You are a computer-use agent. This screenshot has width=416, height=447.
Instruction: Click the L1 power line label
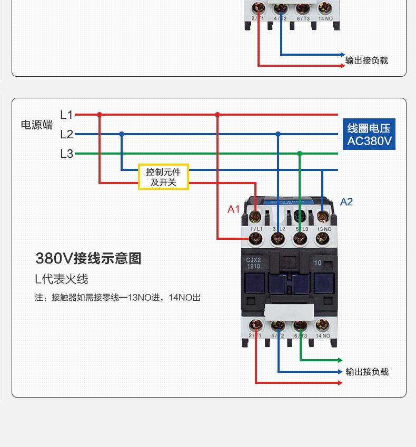click(x=66, y=114)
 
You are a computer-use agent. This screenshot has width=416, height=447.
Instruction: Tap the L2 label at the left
click(x=66, y=134)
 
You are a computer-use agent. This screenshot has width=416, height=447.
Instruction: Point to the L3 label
click(x=66, y=154)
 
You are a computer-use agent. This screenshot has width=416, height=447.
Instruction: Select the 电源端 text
click(x=37, y=125)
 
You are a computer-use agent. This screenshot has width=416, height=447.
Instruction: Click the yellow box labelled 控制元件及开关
click(x=163, y=177)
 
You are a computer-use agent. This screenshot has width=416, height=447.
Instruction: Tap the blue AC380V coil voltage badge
click(x=369, y=135)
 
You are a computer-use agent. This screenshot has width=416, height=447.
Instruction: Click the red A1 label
click(x=233, y=209)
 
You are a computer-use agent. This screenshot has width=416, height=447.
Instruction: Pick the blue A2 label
click(x=346, y=202)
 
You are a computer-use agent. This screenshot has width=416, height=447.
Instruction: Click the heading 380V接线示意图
click(x=88, y=258)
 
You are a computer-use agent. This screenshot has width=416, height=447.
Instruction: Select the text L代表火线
click(x=62, y=279)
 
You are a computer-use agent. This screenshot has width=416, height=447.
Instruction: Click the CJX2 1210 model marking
click(x=253, y=263)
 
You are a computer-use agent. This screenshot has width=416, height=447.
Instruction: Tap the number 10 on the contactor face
click(x=318, y=262)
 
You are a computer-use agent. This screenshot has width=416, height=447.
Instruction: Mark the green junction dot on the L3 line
click(x=299, y=154)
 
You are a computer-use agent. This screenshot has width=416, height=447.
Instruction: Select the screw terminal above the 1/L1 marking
click(x=256, y=239)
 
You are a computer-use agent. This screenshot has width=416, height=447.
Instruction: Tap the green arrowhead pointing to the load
click(x=340, y=360)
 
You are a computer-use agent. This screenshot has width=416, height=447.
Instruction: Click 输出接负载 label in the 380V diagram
click(x=367, y=372)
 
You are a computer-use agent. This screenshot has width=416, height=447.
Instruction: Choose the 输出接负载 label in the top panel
click(x=367, y=60)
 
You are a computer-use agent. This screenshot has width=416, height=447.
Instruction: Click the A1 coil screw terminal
click(x=256, y=216)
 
